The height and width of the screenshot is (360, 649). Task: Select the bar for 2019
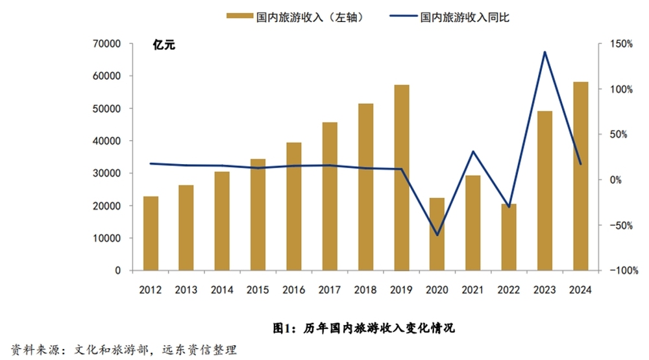402,178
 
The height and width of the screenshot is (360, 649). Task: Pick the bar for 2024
580,176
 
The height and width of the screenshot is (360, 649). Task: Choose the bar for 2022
509,237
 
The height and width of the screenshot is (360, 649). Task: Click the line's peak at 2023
545,52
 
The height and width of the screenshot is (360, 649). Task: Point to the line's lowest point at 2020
437,235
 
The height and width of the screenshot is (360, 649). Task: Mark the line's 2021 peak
473,152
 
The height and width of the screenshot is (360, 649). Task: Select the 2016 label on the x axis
294,290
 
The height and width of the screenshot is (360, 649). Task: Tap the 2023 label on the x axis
545,290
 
